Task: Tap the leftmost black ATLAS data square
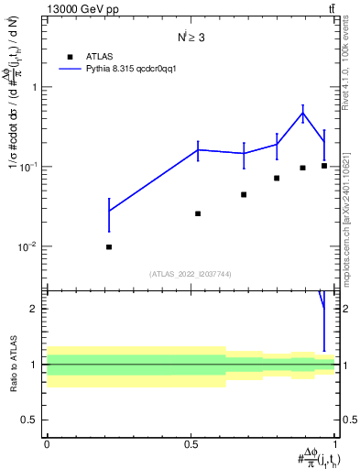[x=109, y=247]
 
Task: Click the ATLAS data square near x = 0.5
[x=198, y=213]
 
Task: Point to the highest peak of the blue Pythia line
[x=302, y=113]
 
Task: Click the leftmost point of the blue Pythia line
[x=109, y=212]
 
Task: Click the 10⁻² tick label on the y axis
[x=29, y=246]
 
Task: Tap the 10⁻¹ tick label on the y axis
[x=29, y=167]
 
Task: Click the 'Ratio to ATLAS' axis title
[x=12, y=364]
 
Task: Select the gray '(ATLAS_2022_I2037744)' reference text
[x=191, y=274]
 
